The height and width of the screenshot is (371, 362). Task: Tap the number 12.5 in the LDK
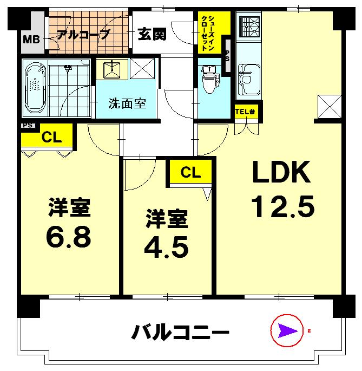282,207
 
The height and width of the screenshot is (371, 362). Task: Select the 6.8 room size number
69,236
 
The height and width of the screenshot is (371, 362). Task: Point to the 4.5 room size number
166,246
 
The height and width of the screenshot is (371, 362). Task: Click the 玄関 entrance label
151,34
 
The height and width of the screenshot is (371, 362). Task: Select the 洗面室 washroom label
127,102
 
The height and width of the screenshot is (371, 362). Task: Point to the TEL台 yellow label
246,112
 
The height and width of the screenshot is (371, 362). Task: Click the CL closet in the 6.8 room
51,137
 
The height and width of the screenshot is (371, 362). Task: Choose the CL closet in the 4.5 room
190,172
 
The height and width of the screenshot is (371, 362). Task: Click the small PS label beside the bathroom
28,125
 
